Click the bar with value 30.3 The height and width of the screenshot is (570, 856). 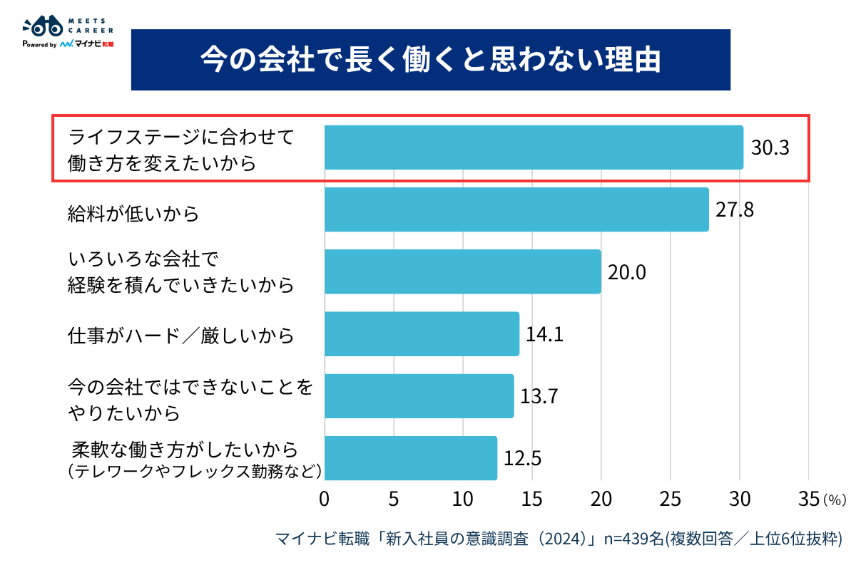click(x=534, y=147)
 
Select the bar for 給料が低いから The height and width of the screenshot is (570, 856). click(x=516, y=209)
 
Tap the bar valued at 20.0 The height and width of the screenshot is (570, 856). click(x=462, y=271)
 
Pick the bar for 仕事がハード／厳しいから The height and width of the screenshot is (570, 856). click(x=422, y=333)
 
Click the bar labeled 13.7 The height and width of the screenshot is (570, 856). click(x=419, y=396)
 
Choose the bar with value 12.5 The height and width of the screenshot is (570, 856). click(x=410, y=458)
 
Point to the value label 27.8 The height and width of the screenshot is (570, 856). click(x=735, y=210)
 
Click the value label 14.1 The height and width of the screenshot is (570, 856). click(x=544, y=334)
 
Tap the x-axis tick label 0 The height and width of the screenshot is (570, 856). click(x=325, y=499)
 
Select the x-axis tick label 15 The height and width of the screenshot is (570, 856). click(x=532, y=499)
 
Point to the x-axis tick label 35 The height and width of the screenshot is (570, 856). click(x=808, y=499)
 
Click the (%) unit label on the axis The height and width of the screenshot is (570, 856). click(x=835, y=501)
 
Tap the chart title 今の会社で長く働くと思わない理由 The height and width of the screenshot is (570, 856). click(x=430, y=60)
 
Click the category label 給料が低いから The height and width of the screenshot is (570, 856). click(x=133, y=212)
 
